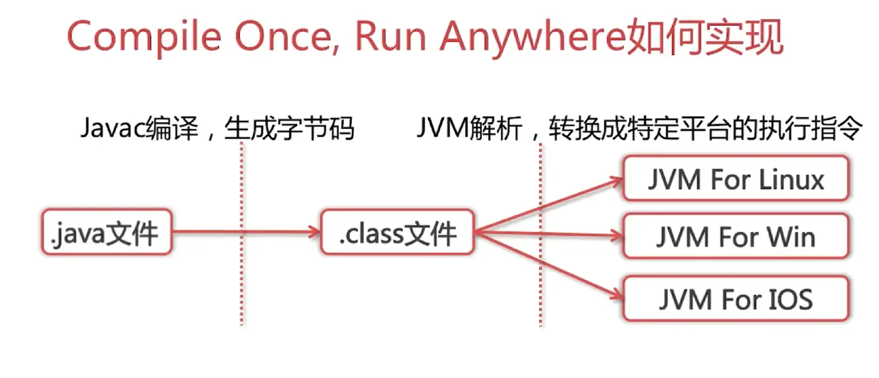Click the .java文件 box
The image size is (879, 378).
(106, 233)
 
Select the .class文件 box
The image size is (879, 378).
(397, 233)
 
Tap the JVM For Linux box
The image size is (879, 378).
(735, 180)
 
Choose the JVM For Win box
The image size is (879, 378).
(735, 236)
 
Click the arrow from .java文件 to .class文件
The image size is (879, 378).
(246, 233)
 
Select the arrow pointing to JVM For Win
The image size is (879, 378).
(548, 235)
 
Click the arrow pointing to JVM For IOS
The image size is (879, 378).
(548, 265)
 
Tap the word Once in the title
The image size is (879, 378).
(283, 36)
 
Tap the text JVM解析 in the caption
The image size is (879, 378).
(468, 129)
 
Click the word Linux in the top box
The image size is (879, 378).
(791, 180)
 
